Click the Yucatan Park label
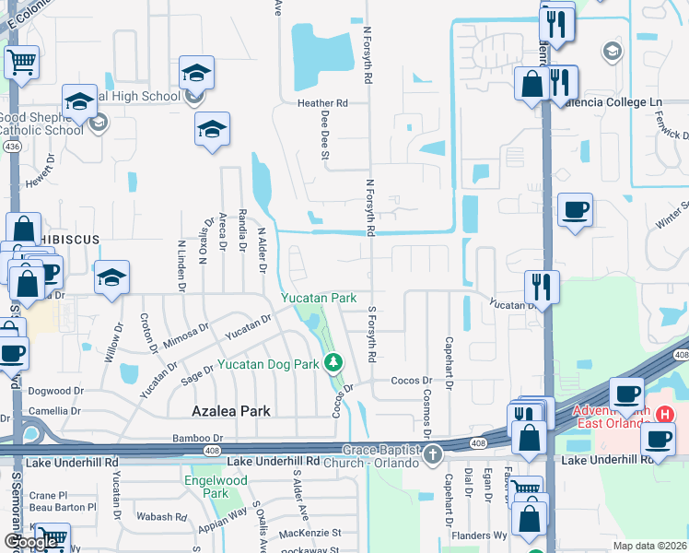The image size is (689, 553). click(x=319, y=299)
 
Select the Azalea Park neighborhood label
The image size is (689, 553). click(x=231, y=411)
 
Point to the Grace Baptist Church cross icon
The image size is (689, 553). click(x=433, y=453)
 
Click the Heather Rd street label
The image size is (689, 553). click(x=322, y=103)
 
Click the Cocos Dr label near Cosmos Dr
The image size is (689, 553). click(x=412, y=381)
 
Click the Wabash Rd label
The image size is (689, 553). click(x=155, y=517)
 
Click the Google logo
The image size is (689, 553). click(x=30, y=543)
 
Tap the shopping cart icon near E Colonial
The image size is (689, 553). click(x=21, y=64)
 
